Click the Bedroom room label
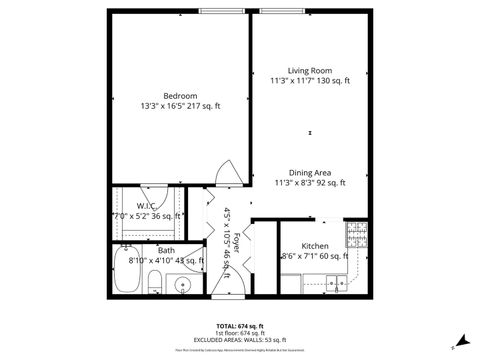181,96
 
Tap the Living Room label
310,71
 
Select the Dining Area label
310,172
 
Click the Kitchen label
315,245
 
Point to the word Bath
166,250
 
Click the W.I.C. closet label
133,206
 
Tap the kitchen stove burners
355,234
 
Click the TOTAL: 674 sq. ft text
240,326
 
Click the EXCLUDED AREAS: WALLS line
240,341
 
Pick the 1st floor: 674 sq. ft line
240,333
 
